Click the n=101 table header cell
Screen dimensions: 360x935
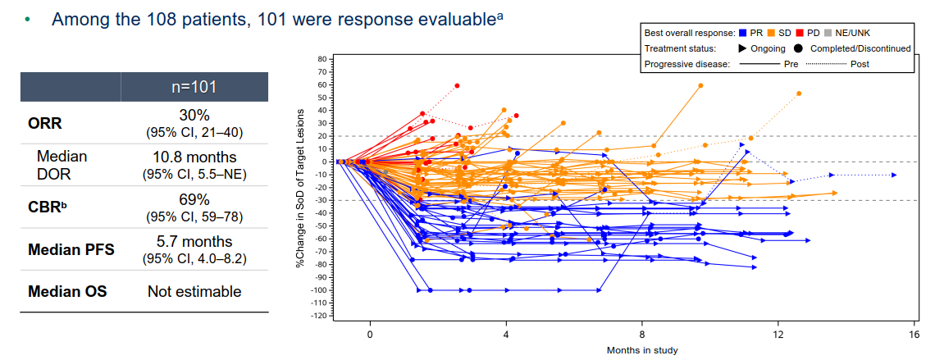click(194, 87)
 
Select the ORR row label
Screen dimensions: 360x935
click(45, 124)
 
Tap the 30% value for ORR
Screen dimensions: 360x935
click(194, 116)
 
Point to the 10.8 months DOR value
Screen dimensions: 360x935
click(194, 157)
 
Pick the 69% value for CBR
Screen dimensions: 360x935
click(194, 200)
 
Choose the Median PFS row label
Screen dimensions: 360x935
click(70, 248)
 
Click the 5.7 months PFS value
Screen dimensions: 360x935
click(194, 242)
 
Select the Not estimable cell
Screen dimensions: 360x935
click(194, 291)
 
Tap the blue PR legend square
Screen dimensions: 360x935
click(742, 34)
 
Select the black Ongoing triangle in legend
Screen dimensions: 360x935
click(744, 48)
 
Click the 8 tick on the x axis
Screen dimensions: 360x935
click(642, 335)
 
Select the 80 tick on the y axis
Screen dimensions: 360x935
click(321, 59)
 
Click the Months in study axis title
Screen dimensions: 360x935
click(642, 351)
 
